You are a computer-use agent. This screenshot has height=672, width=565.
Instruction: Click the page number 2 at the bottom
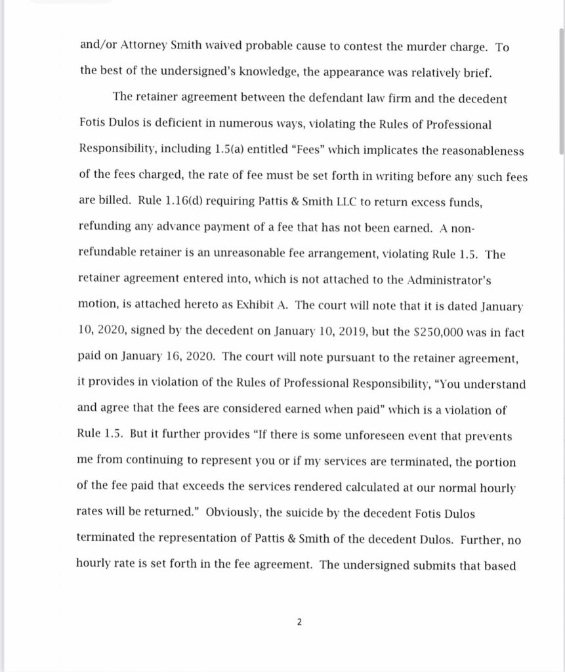pos(299,622)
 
